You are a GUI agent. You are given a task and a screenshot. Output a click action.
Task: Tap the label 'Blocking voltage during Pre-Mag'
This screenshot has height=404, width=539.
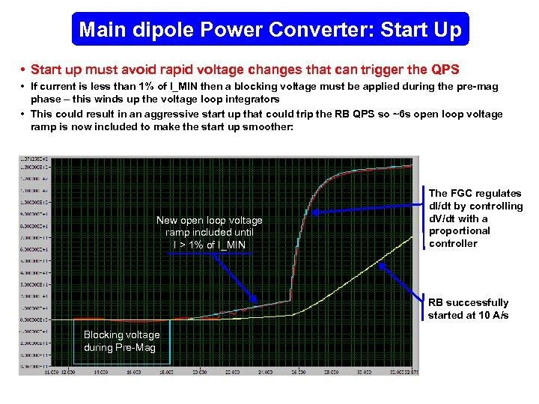(121, 341)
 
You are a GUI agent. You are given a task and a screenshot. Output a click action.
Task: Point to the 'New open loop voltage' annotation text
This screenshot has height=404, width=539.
(210, 220)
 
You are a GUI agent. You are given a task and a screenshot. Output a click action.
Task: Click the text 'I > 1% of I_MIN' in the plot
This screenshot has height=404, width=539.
(210, 245)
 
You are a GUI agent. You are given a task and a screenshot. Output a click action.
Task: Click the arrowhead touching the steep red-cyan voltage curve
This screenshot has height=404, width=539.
(315, 212)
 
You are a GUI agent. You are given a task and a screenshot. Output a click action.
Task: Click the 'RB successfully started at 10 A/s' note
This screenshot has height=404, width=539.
(469, 308)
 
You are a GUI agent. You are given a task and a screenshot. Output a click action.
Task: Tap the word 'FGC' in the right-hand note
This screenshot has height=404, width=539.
(464, 193)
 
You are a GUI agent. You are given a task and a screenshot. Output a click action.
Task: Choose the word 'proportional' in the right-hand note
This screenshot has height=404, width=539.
(459, 230)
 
